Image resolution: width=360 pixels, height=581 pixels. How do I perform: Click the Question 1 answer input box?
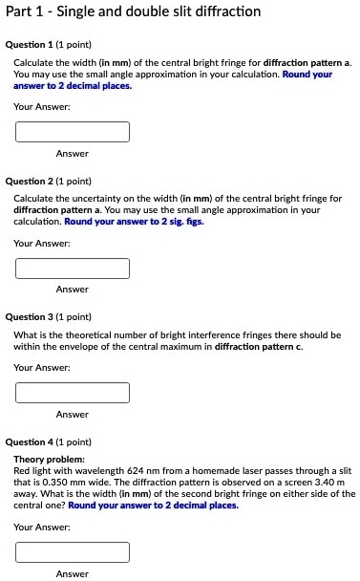click(72, 132)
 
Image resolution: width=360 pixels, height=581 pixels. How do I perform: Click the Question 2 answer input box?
click(72, 269)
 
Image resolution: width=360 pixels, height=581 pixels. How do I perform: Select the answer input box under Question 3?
click(72, 393)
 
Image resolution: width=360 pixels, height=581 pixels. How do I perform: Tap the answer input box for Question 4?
click(72, 551)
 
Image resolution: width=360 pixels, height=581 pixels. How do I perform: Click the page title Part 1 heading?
click(133, 11)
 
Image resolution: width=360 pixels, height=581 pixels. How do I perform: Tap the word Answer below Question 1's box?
click(72, 154)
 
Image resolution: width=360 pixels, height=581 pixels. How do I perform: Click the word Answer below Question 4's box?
click(72, 573)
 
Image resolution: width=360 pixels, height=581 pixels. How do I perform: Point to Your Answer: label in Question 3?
click(42, 368)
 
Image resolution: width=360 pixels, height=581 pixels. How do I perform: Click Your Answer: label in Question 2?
click(42, 244)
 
